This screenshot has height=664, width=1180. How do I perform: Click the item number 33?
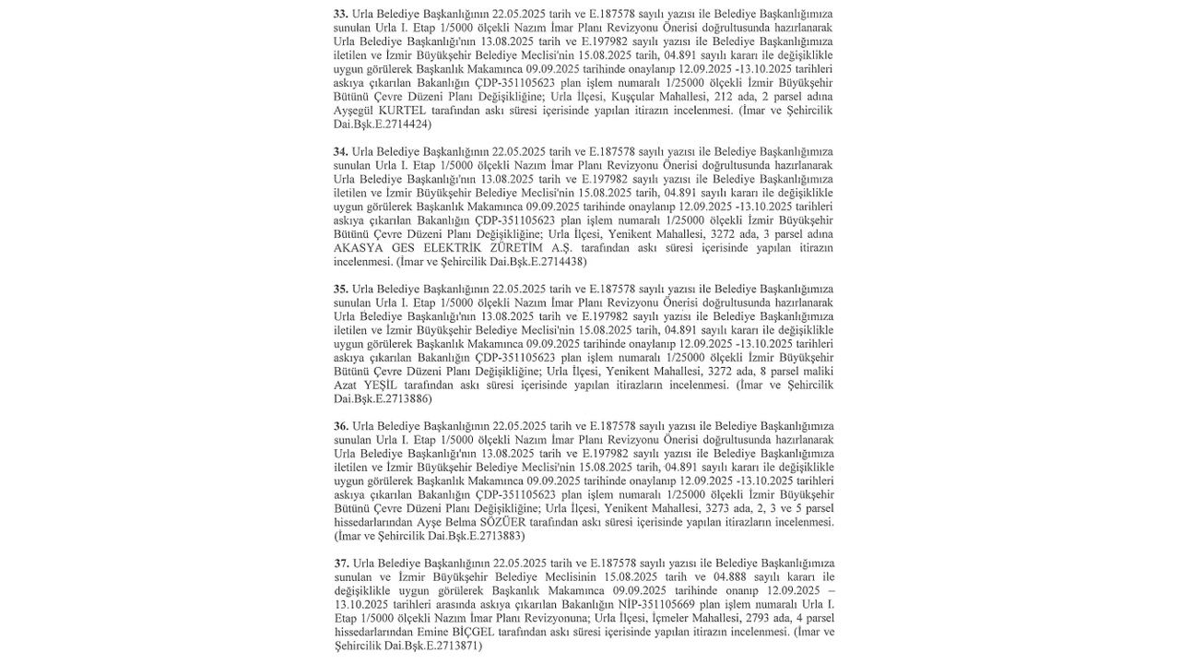(341, 14)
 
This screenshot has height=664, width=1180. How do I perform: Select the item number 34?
(341, 151)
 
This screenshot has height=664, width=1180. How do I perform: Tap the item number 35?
(341, 289)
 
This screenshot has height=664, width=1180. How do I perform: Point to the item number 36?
(341, 426)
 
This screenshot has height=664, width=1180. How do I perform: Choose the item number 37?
(341, 563)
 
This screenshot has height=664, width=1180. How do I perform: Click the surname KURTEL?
(402, 111)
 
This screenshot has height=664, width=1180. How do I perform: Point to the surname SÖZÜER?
(502, 522)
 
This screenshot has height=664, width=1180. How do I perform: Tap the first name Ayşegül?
(354, 111)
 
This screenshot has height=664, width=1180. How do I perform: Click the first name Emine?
(430, 632)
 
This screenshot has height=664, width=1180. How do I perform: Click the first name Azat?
(345, 385)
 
